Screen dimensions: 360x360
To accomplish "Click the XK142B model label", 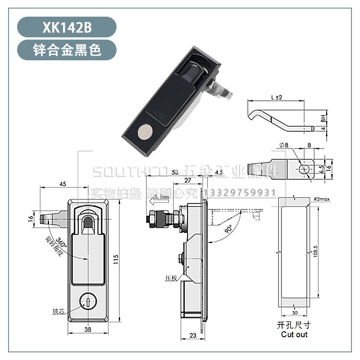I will click(67, 27).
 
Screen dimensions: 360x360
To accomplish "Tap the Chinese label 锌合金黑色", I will click(67, 50).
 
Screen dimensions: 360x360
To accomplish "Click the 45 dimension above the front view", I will click(63, 184).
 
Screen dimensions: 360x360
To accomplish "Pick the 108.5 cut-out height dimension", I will click(316, 249).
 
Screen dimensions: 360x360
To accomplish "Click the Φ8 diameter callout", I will click(283, 145).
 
